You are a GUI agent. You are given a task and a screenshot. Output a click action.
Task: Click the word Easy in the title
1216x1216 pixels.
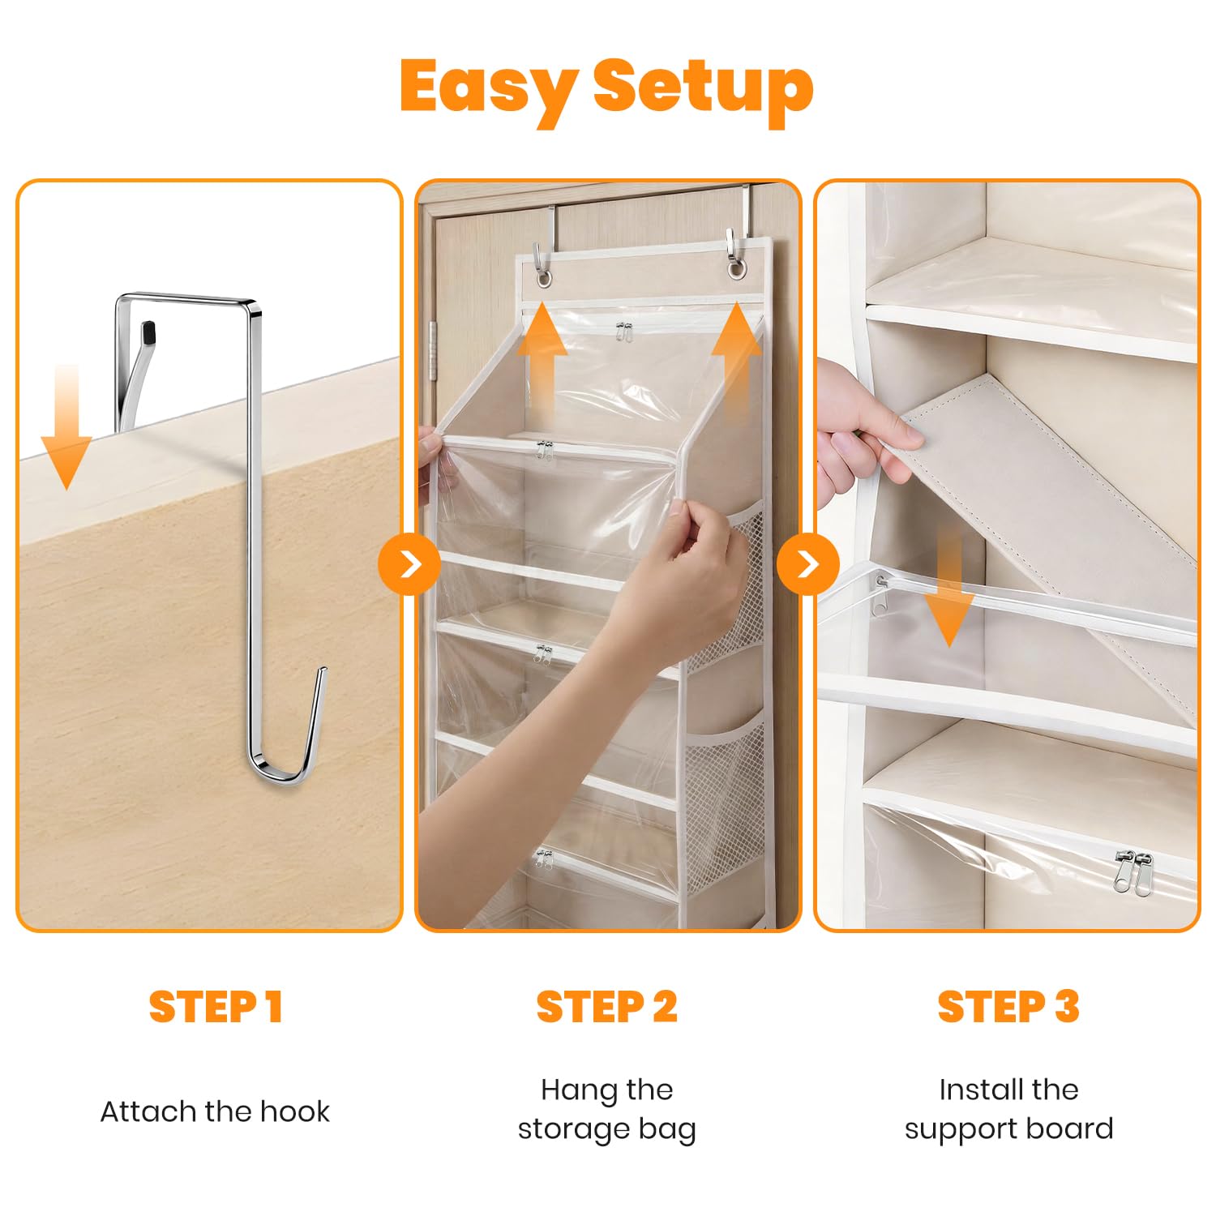pos(489,88)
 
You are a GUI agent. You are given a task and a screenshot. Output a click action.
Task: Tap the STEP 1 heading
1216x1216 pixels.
pos(216,1007)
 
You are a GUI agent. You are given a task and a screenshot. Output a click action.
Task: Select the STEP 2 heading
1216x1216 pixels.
pos(606,1007)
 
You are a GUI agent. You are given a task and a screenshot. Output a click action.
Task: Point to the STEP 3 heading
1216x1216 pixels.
pos(1008,1007)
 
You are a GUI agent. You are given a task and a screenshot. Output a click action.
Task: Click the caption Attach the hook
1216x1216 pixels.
pos(215,1111)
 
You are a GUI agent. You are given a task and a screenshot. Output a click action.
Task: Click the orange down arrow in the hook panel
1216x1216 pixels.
pos(66,427)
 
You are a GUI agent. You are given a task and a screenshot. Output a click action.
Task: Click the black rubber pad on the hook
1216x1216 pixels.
pos(148,332)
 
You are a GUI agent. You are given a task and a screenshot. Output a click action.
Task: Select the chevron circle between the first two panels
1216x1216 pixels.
pos(409,564)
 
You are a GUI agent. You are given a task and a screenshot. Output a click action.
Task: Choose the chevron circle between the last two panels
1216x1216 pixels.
pos(807,564)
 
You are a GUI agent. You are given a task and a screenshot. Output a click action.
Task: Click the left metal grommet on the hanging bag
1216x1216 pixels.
pos(544,278)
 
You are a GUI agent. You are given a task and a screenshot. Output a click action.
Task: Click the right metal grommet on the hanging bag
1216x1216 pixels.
pos(735,268)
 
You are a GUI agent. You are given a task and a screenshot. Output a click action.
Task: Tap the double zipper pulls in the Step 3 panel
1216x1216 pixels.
pos(1133,871)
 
